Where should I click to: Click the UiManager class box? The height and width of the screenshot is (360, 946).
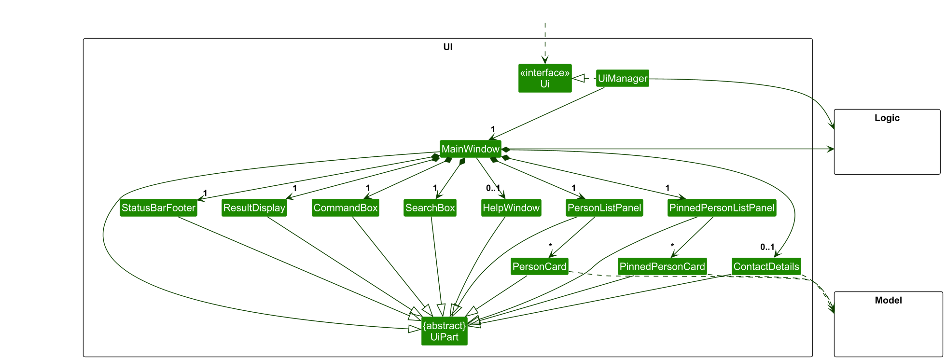[622, 78]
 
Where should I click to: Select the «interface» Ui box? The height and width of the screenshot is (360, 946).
[545, 78]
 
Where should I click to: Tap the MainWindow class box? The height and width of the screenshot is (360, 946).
[470, 149]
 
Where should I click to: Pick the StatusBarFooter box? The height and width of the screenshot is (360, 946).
[158, 208]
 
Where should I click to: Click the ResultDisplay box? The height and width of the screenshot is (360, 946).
[254, 208]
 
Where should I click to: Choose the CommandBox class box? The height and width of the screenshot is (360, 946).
[345, 208]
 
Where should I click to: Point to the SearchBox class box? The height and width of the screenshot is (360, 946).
[430, 208]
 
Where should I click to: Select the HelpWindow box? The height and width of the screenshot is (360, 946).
[511, 208]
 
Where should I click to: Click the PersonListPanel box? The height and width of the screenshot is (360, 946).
[604, 208]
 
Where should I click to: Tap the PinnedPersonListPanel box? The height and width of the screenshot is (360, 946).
[722, 208]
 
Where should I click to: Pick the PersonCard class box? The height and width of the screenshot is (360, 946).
[539, 266]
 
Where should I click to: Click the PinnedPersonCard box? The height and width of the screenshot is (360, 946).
[662, 266]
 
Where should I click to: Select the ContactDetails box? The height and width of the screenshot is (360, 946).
[766, 266]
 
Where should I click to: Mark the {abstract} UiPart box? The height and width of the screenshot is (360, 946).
[444, 331]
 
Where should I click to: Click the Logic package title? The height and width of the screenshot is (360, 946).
[887, 118]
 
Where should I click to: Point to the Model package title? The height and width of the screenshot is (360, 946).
[888, 300]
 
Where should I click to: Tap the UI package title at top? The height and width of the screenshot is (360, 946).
[447, 47]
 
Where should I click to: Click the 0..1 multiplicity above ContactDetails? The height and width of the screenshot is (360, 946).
[767, 247]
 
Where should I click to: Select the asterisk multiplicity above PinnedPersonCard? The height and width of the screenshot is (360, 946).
[672, 246]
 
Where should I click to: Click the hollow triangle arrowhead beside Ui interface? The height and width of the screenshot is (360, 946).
[578, 78]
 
